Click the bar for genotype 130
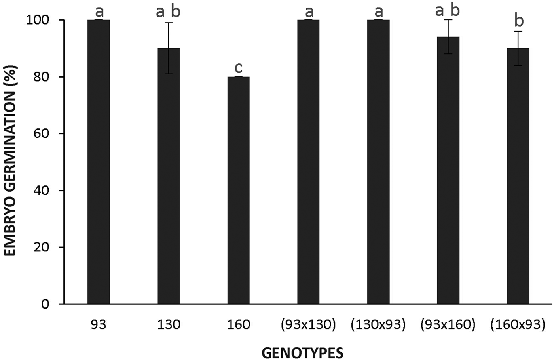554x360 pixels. (x=169, y=176)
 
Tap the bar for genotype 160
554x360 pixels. (x=238, y=190)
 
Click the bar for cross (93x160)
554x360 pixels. (x=448, y=170)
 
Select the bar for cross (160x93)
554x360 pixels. (x=518, y=176)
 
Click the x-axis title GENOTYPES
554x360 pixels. (x=303, y=352)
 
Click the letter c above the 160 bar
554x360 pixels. (x=238, y=68)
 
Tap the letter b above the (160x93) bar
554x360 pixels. (x=518, y=21)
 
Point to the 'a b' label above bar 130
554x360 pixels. (x=169, y=12)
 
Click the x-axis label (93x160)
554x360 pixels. (x=448, y=325)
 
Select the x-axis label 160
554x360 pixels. (x=238, y=325)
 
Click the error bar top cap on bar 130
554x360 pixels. (x=169, y=23)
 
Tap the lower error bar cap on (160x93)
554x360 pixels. (x=518, y=65)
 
